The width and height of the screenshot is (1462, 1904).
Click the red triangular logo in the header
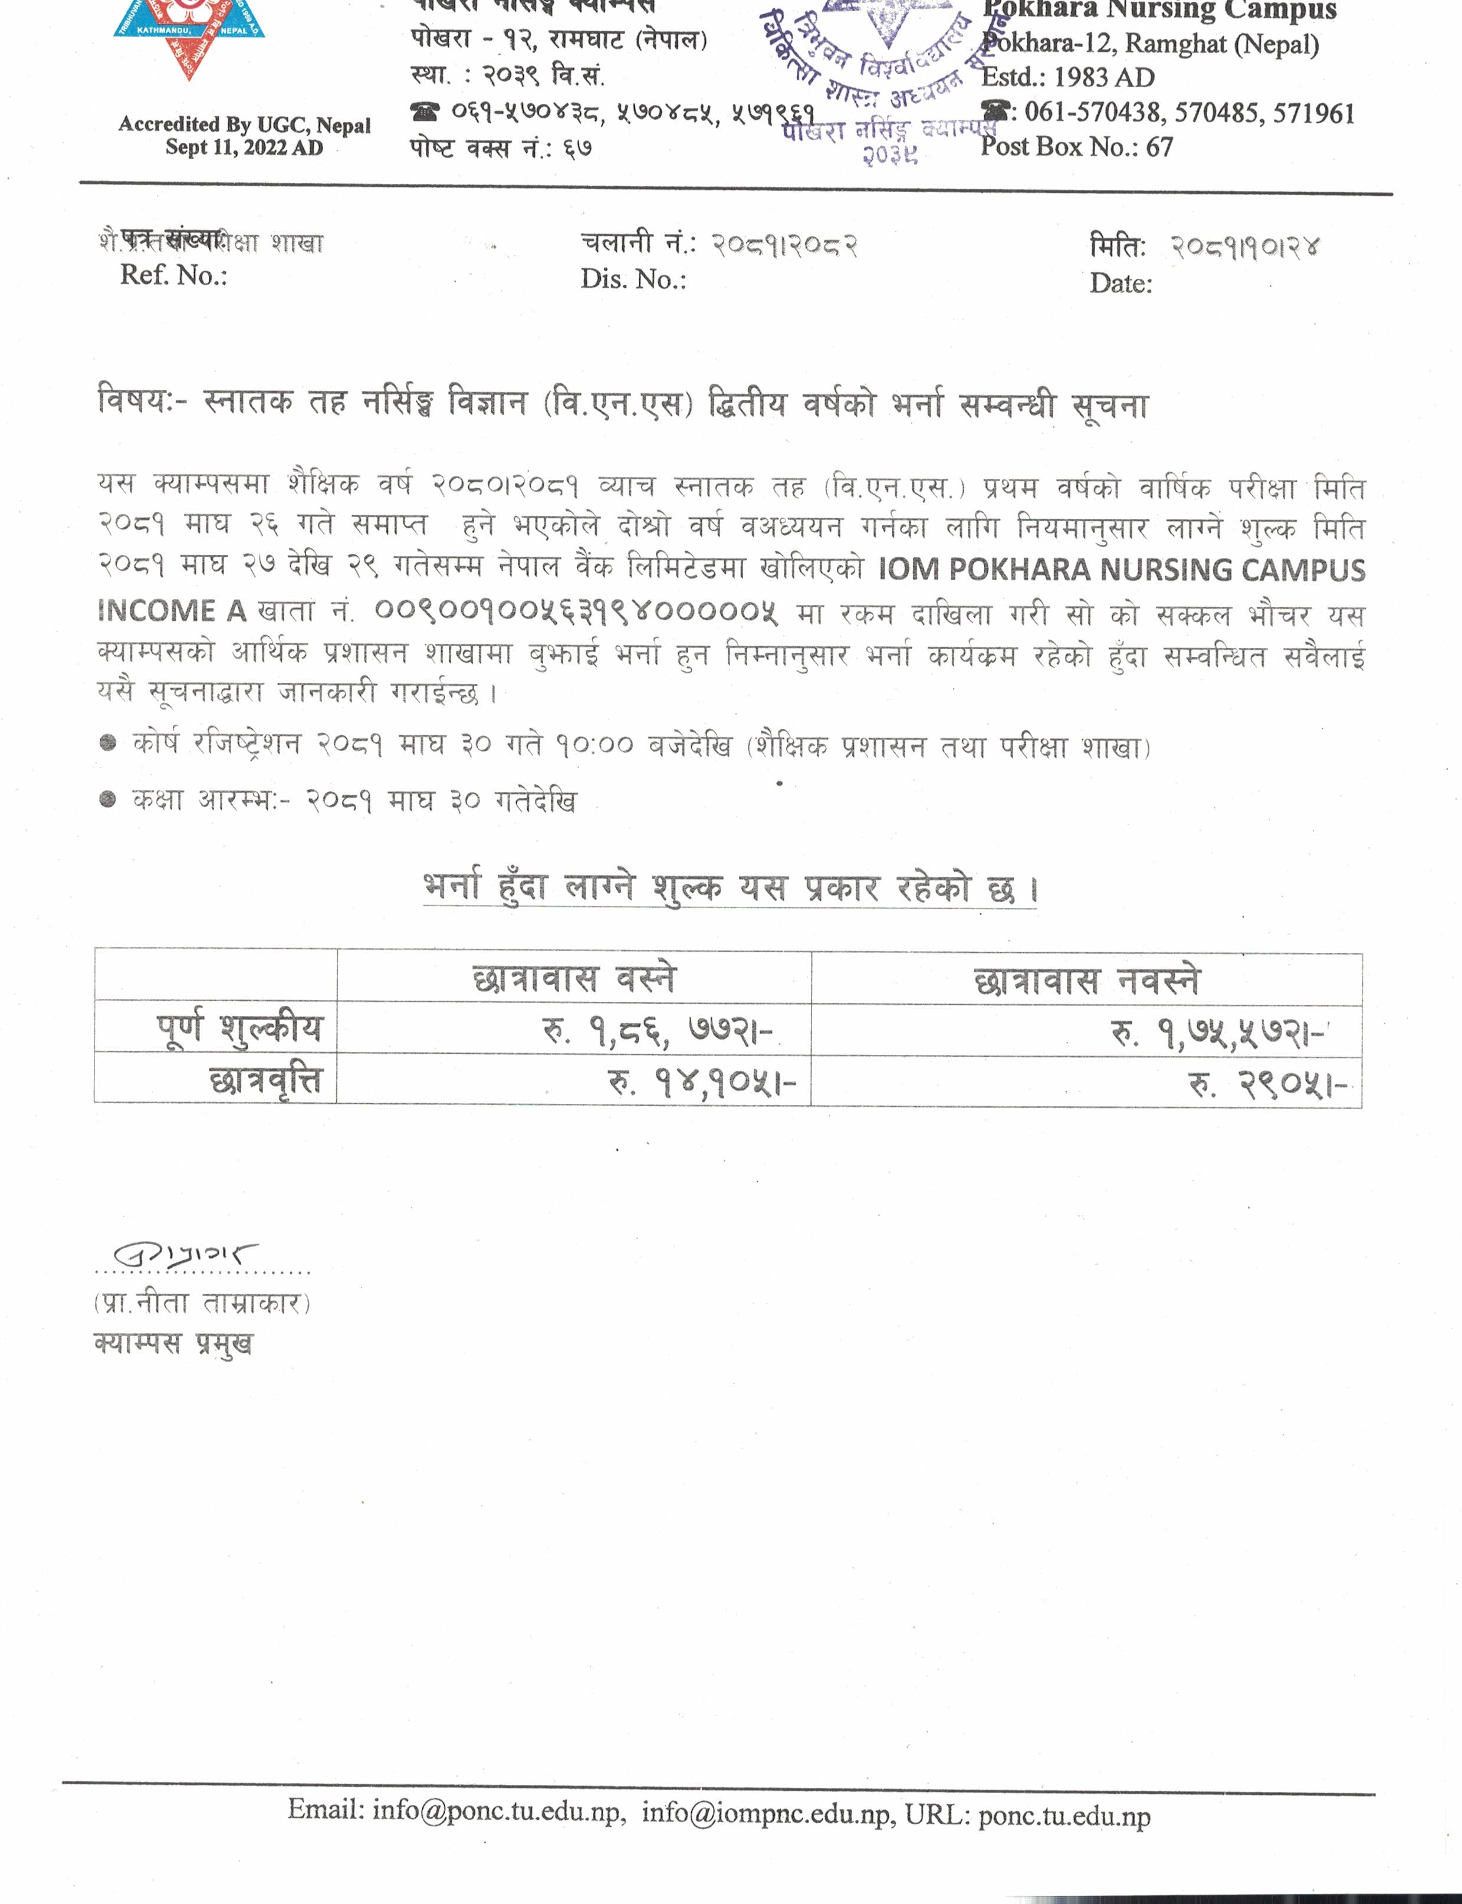[x=189, y=35]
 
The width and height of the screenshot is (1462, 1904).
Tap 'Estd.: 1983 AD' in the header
[x=1068, y=77]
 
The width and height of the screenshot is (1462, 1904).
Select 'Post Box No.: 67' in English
[x=1076, y=146]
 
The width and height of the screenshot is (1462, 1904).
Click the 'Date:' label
[x=1121, y=284]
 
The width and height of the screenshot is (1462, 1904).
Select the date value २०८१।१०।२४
[x=1244, y=248]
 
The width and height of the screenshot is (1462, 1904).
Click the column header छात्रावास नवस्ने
[x=1087, y=981]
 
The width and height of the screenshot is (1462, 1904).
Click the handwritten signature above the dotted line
[x=185, y=1255]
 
